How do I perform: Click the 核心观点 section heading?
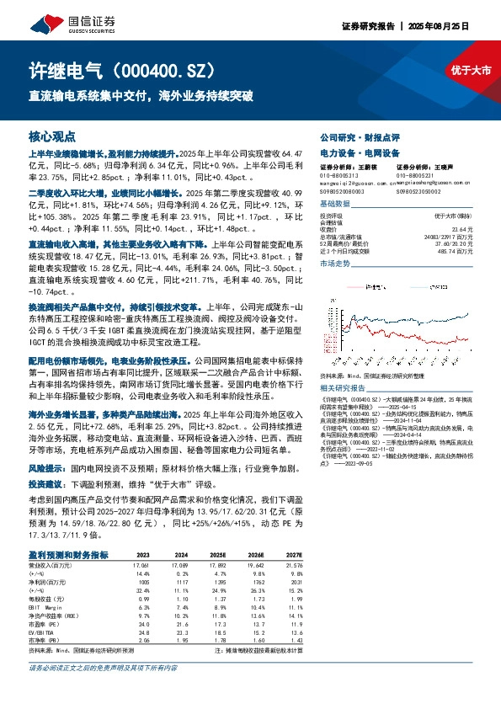[52, 136]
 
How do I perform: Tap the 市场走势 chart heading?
[334, 264]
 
